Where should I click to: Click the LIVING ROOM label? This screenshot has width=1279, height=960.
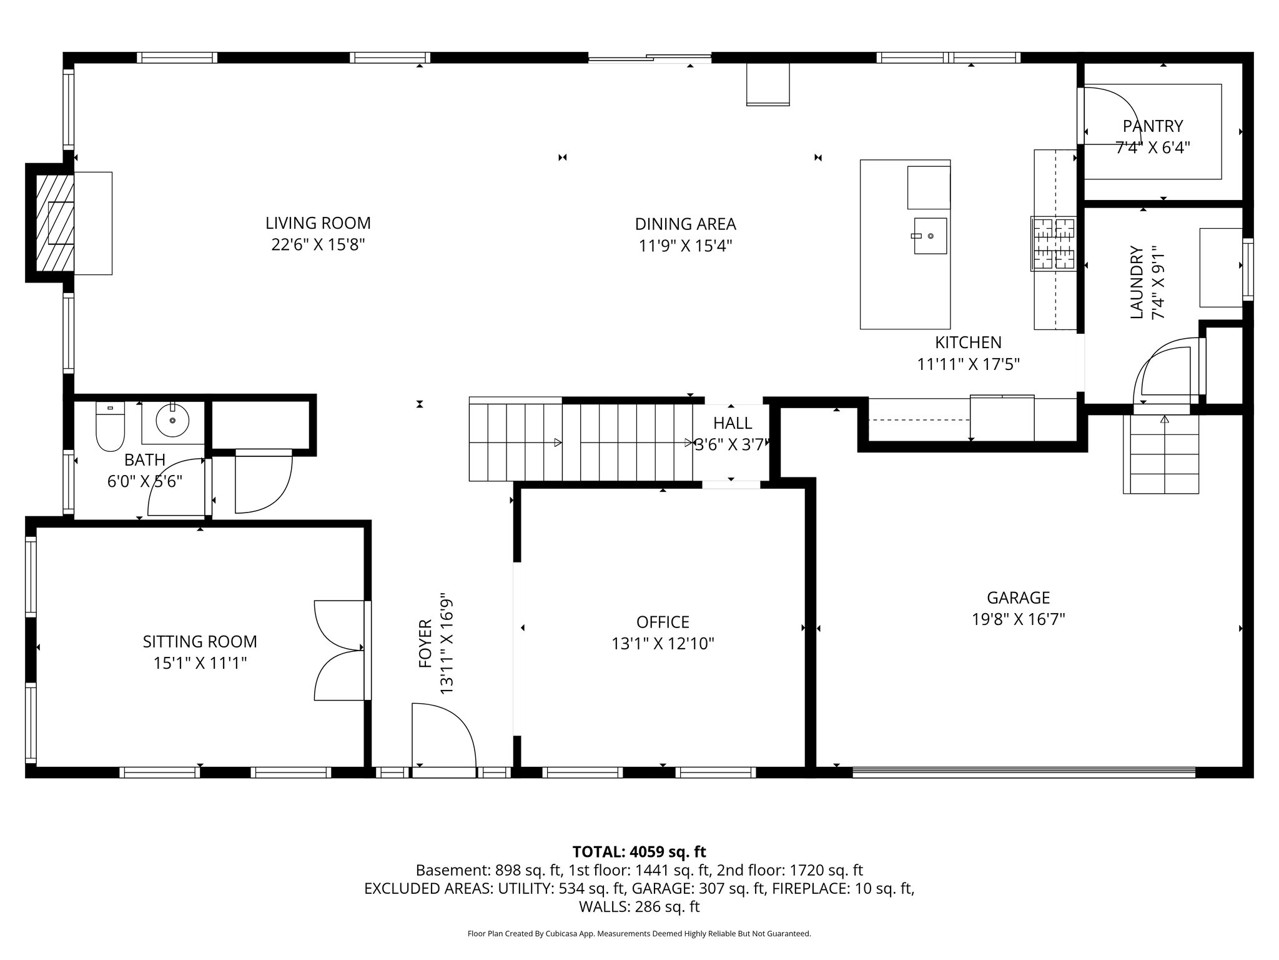[x=318, y=223]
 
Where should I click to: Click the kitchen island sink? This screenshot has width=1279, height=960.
[x=930, y=236]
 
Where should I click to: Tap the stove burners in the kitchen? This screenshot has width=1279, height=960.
[x=1053, y=243]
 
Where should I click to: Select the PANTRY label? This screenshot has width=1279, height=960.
[x=1152, y=126]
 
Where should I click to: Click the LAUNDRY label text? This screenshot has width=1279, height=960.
[x=1137, y=282]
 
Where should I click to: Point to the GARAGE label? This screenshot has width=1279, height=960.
[x=1018, y=597]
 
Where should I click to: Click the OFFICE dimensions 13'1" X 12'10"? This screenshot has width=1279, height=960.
[x=663, y=644]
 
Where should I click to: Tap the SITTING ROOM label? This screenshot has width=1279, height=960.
[x=200, y=641]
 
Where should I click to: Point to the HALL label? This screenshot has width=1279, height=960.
[x=733, y=423]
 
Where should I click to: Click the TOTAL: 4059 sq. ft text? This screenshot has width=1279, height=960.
[x=639, y=851]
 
